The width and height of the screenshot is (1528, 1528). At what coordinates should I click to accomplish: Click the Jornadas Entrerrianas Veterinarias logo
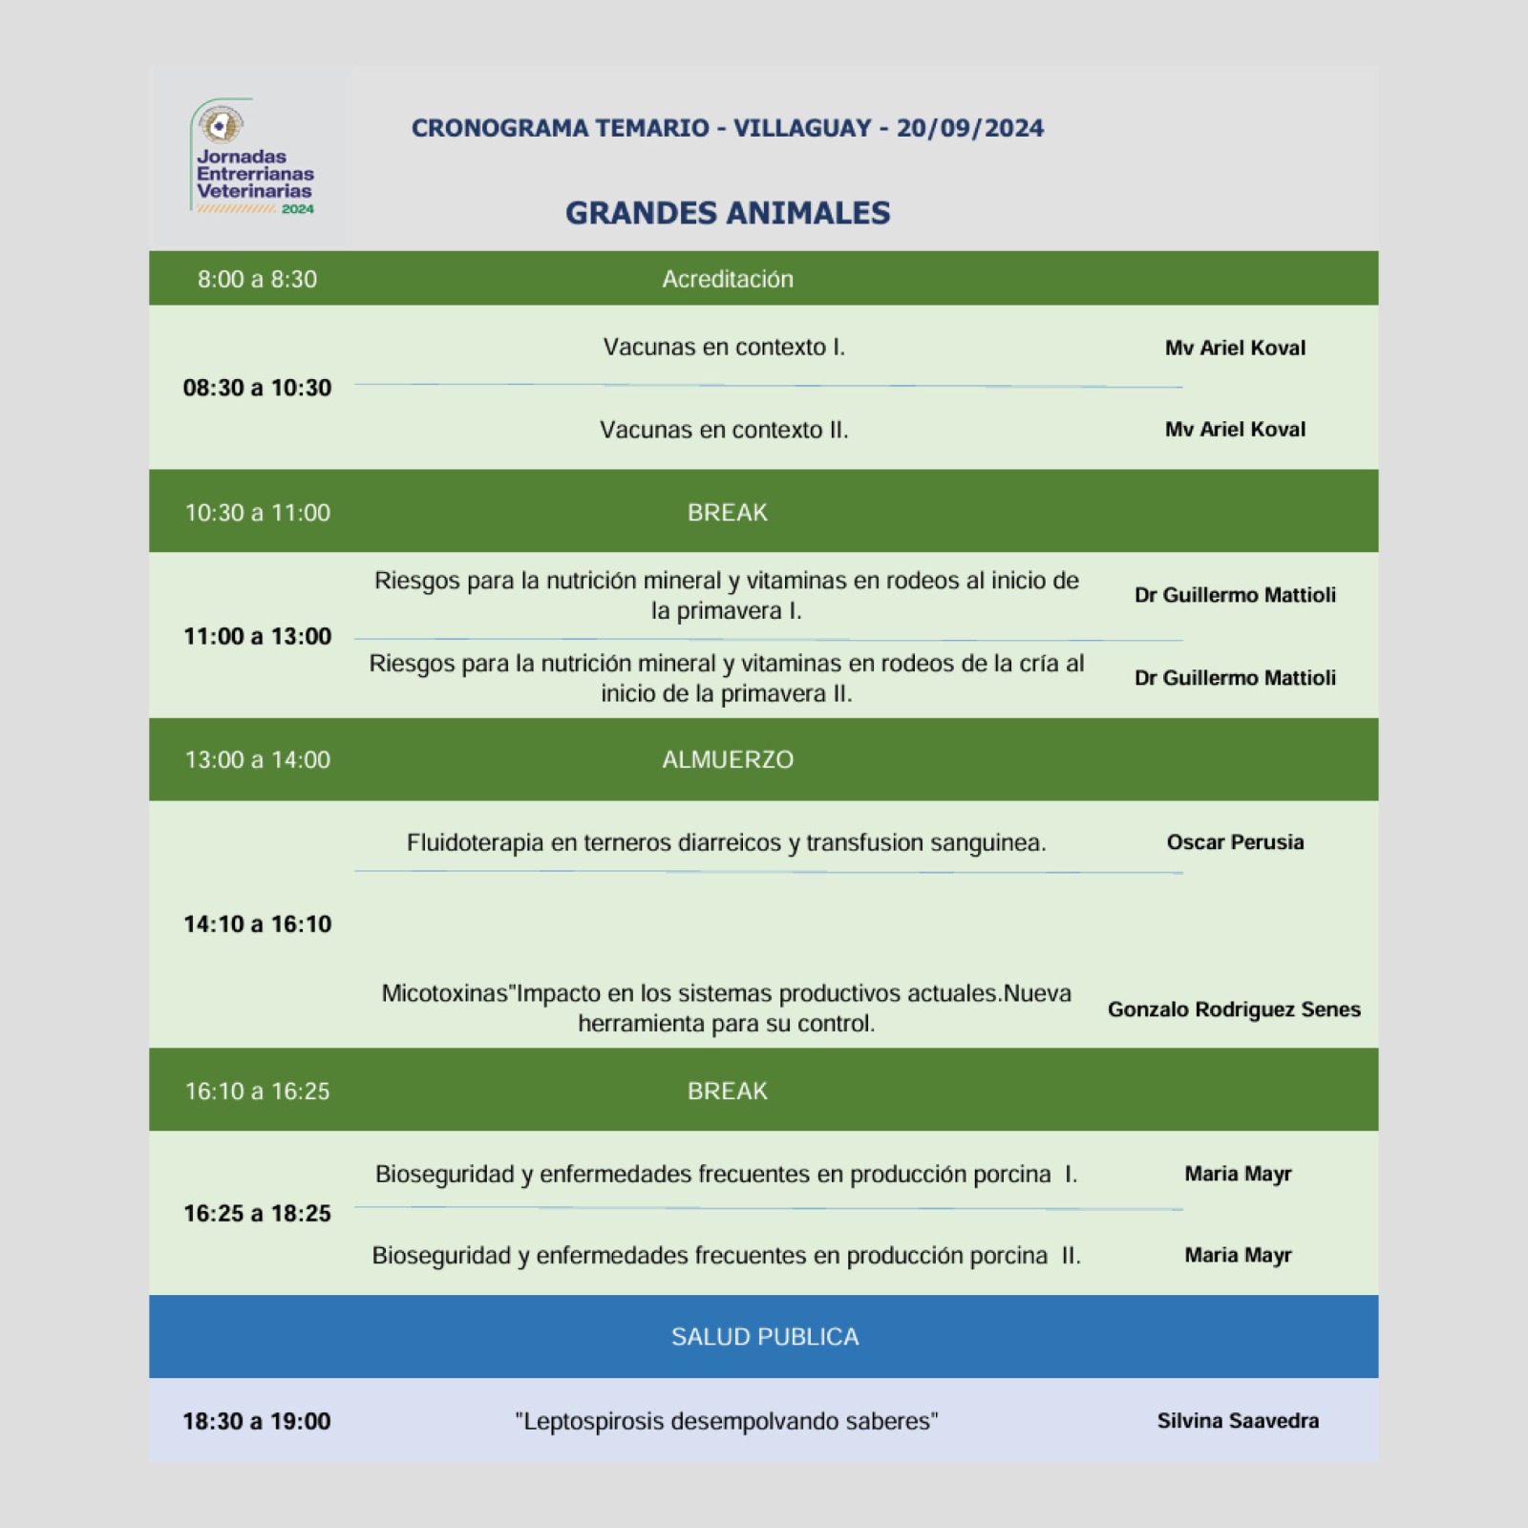pos(252,158)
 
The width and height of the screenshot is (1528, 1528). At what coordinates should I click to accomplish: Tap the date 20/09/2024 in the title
pos(969,128)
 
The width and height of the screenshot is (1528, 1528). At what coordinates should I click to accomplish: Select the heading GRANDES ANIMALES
pos(727,213)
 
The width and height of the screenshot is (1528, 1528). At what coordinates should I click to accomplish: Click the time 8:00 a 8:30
pos(257,279)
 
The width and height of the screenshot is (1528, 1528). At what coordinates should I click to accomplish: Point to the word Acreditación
pos(727,279)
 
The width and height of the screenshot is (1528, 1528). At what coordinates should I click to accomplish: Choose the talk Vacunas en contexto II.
pos(723,430)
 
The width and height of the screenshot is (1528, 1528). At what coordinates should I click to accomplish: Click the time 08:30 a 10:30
pos(257,388)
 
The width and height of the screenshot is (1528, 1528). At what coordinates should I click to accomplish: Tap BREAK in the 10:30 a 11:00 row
pos(727,513)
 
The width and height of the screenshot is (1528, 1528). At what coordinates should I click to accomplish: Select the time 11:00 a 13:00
pos(257,636)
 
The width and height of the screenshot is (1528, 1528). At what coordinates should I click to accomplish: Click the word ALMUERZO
pos(727,759)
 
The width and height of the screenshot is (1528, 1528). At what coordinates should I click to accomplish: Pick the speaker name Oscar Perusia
pos(1234,842)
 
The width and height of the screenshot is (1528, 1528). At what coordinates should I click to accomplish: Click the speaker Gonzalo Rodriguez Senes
pos(1233,1009)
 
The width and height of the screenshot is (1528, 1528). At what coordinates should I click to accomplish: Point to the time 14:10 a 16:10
pos(257,923)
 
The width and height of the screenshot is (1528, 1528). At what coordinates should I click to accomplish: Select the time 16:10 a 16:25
pos(257,1091)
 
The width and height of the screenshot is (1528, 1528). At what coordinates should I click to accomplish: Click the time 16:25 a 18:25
pos(257,1213)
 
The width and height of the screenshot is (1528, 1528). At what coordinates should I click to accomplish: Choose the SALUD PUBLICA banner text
pos(764,1336)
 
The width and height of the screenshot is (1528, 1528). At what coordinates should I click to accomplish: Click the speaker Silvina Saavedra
pos(1237,1421)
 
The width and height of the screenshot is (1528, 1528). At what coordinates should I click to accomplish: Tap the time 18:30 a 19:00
pos(257,1421)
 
